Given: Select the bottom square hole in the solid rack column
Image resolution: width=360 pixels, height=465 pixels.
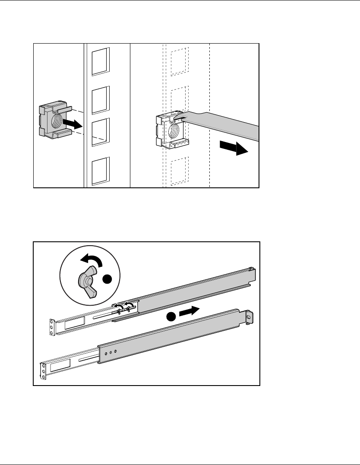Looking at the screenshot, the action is pos(101,172).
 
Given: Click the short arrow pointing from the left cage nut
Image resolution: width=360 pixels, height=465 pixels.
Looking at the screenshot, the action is pos(72,124).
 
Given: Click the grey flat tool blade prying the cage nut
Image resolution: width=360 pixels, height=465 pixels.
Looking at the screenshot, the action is pos(224,123).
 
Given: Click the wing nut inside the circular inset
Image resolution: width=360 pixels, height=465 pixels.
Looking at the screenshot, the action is pos(88,282).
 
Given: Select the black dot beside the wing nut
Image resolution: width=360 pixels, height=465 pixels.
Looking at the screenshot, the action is pos(107,280).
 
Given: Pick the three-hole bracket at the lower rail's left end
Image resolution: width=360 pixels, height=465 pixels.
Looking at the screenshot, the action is pos(43,370).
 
